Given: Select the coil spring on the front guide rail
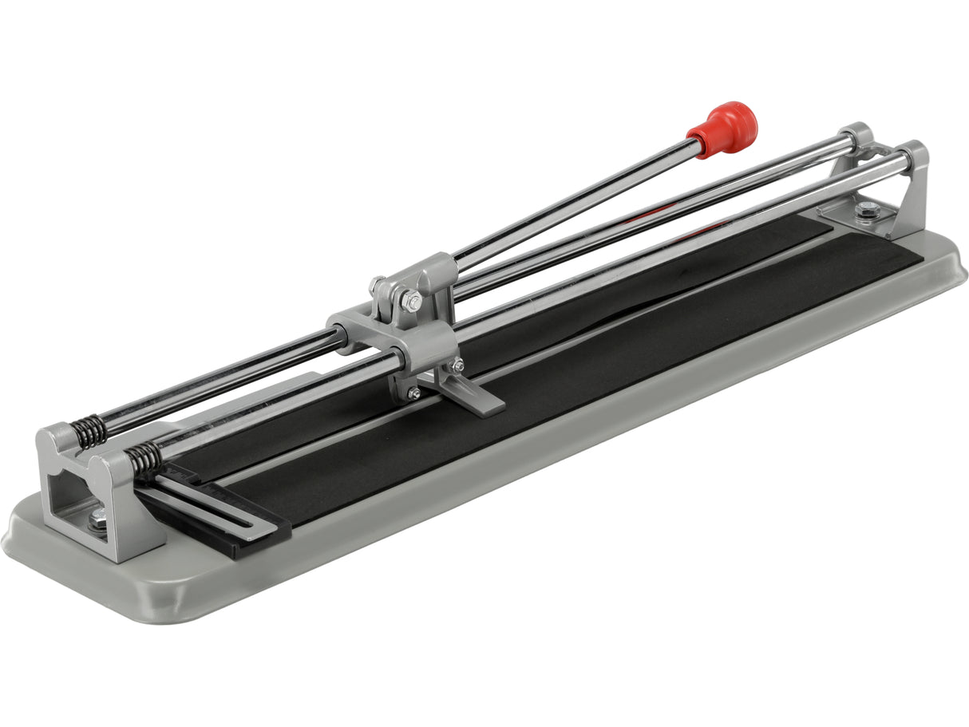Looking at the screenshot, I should coord(144,460).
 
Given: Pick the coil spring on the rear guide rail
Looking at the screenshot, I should coord(91,431).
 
